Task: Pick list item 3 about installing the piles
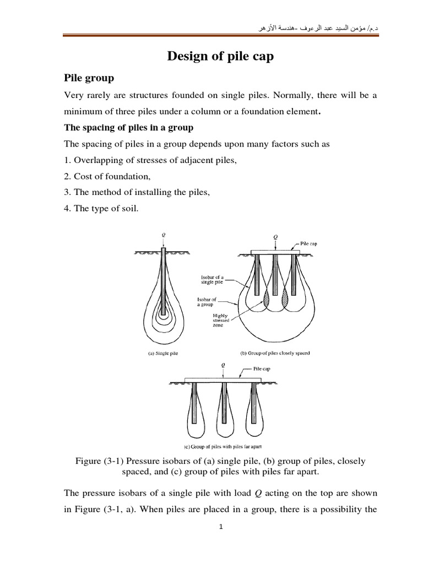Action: [x=138, y=193]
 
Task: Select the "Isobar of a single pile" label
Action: [x=209, y=280]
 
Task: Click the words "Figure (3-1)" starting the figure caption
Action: [x=100, y=461]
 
